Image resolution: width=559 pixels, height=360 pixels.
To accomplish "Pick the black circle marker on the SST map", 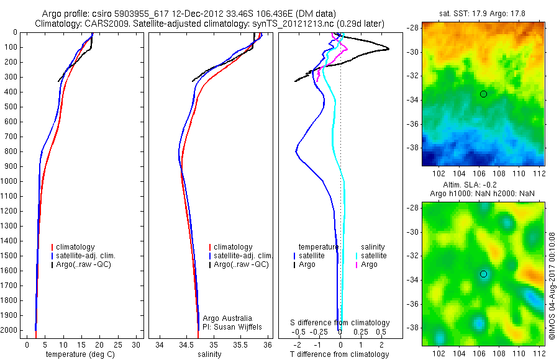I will [x=483, y=94].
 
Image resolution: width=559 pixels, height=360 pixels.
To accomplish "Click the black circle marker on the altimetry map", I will [x=483, y=274].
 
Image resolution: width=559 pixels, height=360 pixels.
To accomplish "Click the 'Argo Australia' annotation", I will [x=228, y=318].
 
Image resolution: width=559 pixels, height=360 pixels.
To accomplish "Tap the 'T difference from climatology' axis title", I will [x=341, y=354].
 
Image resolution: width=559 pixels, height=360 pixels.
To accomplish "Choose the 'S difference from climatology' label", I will [x=340, y=323].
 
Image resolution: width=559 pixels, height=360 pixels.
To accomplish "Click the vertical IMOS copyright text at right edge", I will [x=552, y=286].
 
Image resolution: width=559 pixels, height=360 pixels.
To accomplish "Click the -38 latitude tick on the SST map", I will [x=412, y=148].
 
